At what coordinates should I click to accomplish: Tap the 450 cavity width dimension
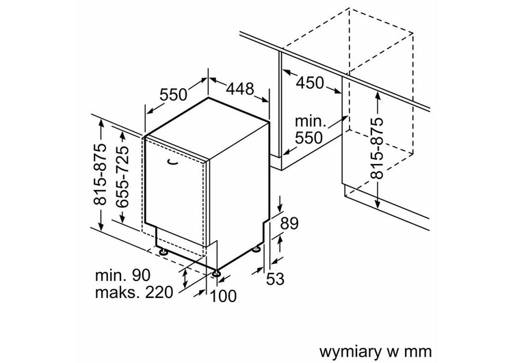310,83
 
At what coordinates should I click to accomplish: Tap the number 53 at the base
275,278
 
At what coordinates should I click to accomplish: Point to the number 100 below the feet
223,296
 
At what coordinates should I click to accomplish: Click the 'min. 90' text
122,275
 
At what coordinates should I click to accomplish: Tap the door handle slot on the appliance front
171,161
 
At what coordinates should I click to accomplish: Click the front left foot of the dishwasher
164,252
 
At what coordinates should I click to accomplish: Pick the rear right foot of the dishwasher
257,248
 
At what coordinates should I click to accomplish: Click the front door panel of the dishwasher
176,198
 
